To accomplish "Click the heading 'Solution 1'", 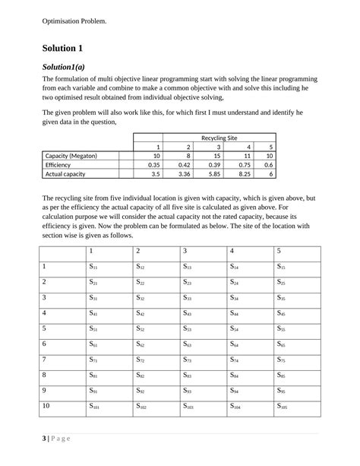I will coord(67,48).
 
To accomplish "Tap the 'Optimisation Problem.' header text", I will coord(74,21).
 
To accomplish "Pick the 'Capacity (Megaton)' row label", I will coord(71,155).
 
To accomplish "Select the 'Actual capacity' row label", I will coord(66,173).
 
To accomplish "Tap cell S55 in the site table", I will coord(282,329).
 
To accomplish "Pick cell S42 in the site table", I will coord(141,313).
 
